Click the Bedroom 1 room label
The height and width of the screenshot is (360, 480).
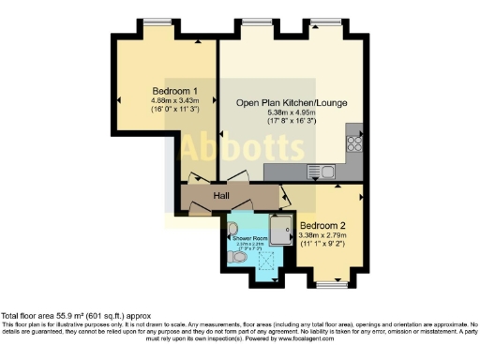(x=171, y=91)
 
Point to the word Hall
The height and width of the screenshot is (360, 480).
(x=222, y=195)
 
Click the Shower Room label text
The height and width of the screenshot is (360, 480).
(x=245, y=239)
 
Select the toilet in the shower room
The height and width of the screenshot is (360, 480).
(x=238, y=254)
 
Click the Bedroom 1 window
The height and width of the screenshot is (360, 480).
(x=170, y=21)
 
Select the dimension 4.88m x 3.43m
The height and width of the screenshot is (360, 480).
(x=171, y=101)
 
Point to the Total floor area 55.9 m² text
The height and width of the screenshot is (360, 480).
(x=75, y=316)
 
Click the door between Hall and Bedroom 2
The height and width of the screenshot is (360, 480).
(x=285, y=197)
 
